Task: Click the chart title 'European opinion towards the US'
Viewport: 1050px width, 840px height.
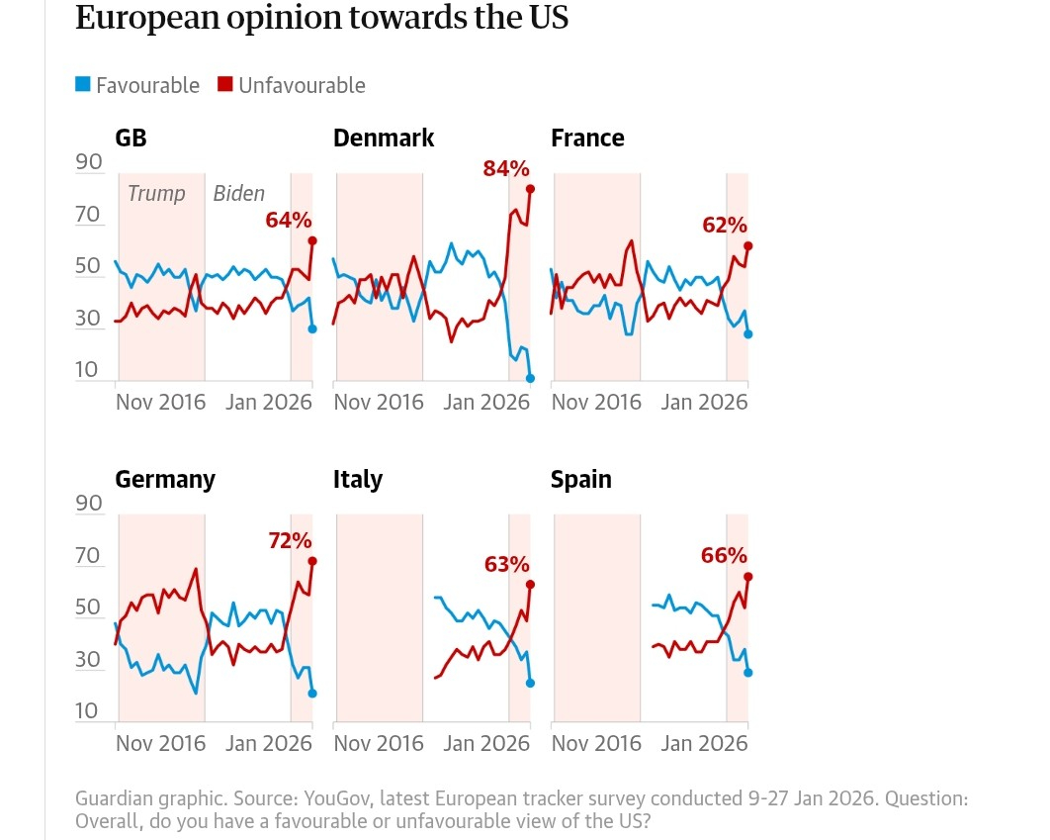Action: pos(321,18)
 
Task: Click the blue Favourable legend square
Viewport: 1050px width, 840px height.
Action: pos(83,85)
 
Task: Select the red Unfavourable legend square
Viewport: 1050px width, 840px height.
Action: pos(225,85)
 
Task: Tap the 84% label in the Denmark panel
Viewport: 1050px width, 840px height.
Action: pos(506,169)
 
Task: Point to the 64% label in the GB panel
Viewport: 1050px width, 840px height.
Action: pos(289,220)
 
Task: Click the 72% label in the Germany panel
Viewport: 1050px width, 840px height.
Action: pos(289,540)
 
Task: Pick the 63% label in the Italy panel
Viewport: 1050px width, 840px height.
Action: pos(507,565)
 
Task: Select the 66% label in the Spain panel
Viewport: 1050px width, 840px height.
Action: pos(724,555)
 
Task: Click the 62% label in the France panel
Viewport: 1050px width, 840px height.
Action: pos(725,225)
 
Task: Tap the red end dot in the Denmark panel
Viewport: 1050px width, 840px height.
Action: pos(531,188)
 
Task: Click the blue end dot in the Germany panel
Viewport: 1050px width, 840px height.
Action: pos(312,694)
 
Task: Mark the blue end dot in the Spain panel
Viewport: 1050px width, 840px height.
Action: pos(748,673)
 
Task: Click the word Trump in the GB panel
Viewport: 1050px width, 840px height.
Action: pos(156,193)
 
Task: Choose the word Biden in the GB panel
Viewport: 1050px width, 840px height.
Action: pos(239,193)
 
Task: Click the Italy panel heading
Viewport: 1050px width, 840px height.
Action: pos(358,479)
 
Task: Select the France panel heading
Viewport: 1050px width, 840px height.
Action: pos(587,138)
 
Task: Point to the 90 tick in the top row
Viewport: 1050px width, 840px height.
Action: pos(89,162)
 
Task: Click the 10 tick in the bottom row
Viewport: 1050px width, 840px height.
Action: pos(89,711)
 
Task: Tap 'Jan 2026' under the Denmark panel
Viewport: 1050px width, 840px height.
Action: pos(486,402)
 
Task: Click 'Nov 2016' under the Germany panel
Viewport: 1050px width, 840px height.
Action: pos(160,743)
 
